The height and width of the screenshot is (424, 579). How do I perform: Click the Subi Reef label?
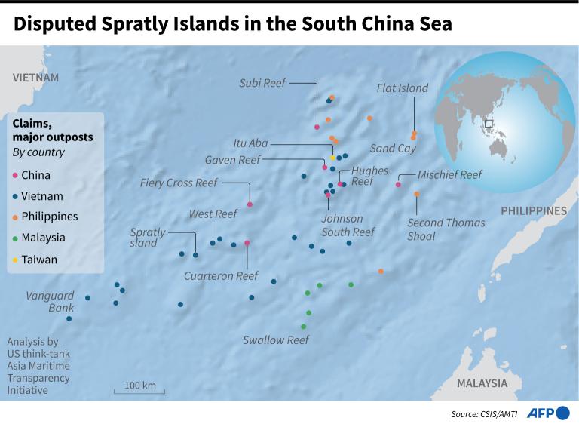click(262, 83)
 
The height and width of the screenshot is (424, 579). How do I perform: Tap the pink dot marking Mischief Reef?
click(398, 184)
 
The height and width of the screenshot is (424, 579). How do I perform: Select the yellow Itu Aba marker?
click(332, 158)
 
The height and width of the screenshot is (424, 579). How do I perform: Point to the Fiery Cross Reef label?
click(179, 183)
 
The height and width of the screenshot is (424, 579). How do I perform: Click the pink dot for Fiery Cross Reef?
click(250, 204)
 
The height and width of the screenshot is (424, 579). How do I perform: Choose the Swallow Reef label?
click(275, 340)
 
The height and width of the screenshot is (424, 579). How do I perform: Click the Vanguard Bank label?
click(51, 302)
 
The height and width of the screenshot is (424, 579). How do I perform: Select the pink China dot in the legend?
click(17, 175)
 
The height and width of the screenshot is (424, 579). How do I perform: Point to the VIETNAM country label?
click(35, 78)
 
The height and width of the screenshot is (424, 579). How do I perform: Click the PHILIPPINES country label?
click(533, 210)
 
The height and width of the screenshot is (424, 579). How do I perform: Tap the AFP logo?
click(547, 413)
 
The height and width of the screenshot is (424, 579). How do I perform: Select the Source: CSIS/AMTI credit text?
click(485, 413)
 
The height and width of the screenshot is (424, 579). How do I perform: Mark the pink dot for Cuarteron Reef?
click(247, 243)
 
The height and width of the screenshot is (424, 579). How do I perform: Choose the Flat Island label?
click(403, 88)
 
